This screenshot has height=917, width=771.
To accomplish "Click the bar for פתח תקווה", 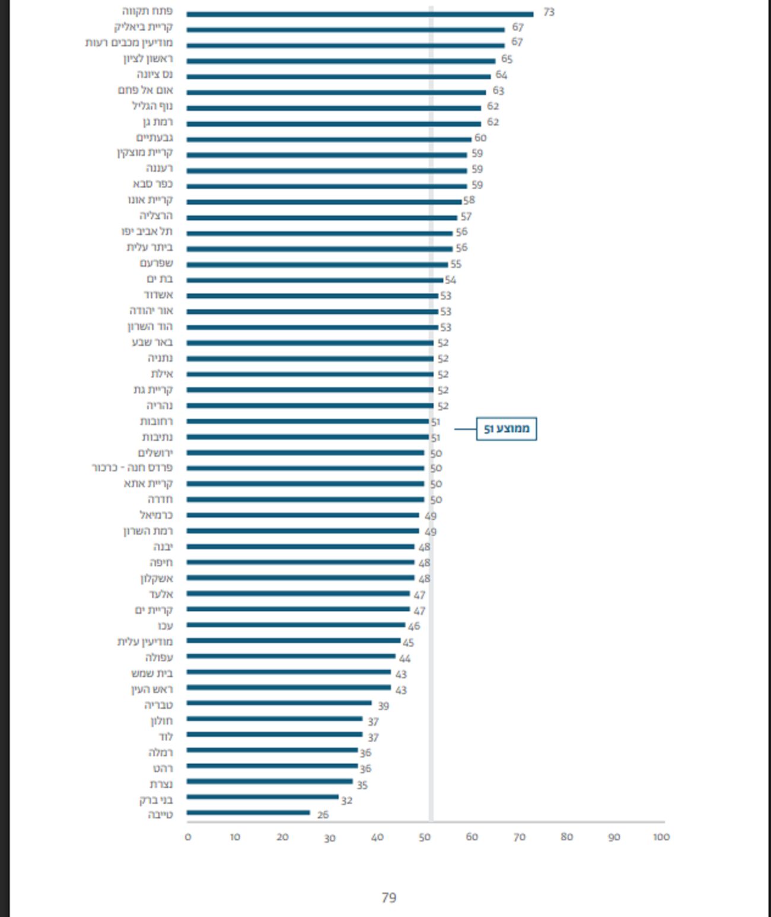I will point(359,14).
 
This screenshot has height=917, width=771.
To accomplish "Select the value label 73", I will point(549,12).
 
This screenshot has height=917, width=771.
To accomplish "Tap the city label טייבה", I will point(160,815).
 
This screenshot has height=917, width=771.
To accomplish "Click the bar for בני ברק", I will point(262,797).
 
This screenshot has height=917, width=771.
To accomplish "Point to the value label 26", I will point(323,815).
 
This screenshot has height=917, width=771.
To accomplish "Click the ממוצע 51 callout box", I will point(506,429).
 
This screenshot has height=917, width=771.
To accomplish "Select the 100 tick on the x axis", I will point(661,837).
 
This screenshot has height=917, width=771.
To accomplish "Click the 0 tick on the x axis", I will point(188,837).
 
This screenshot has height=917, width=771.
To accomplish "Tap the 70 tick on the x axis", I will point(519,837).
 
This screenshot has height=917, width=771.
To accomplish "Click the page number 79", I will point(389,897).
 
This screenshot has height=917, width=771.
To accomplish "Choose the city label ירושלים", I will point(155,453).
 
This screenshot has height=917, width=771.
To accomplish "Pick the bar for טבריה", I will point(279,703).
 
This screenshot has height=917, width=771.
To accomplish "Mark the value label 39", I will point(383,706).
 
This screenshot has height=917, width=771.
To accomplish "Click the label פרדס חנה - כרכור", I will point(132,468).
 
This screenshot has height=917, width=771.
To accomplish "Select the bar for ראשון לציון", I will point(340,61).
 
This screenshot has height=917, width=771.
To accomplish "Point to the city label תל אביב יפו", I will point(147,232).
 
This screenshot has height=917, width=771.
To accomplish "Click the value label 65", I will point(506,59).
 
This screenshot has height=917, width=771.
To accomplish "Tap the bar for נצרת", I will point(269,782).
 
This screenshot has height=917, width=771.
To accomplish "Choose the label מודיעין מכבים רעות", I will point(129,43).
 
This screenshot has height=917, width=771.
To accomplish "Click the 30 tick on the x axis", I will point(330,838).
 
